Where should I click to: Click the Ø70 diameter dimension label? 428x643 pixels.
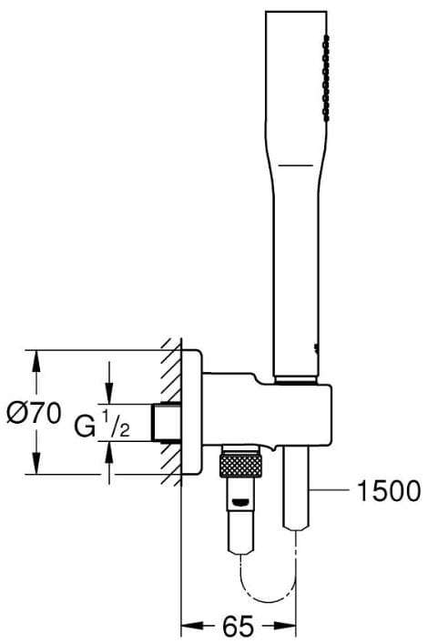[x=34, y=413]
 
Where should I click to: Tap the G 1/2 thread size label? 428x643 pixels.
[x=102, y=425]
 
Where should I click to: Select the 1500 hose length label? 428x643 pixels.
[x=389, y=490]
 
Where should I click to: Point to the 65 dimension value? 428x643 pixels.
[x=238, y=626]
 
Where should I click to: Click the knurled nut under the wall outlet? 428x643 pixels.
[x=240, y=466]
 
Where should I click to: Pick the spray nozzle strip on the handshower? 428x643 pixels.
[x=327, y=78]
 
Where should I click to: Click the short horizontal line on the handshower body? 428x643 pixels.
[x=295, y=166]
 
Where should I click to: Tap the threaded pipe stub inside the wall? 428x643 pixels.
[x=167, y=423]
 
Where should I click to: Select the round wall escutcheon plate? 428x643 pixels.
[x=192, y=412]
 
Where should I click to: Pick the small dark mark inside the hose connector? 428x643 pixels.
[x=240, y=501]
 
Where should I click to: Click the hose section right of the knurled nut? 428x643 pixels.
[x=296, y=488]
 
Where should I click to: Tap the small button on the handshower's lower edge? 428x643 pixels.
[x=316, y=348]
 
